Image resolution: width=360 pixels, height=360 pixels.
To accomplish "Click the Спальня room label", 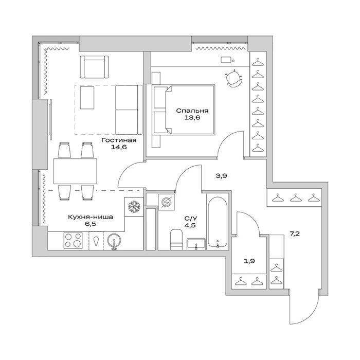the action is click(x=192, y=111).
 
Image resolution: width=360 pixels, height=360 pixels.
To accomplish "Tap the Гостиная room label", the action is click(x=119, y=140).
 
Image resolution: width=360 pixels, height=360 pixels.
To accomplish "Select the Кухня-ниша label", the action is click(x=91, y=217).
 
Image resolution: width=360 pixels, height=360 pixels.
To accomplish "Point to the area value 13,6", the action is click(x=192, y=118).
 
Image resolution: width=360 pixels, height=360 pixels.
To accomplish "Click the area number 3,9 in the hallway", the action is click(x=221, y=176).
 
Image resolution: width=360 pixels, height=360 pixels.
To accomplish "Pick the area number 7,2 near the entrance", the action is click(x=295, y=234).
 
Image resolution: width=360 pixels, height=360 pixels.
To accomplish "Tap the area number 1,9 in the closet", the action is click(x=249, y=261).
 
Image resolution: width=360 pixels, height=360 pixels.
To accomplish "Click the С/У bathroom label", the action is click(x=190, y=218).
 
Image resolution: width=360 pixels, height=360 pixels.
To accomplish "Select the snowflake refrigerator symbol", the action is click(x=134, y=206).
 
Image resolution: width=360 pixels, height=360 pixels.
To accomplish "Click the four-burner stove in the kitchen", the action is click(x=73, y=240).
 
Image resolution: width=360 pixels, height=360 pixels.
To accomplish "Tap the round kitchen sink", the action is click(x=114, y=241).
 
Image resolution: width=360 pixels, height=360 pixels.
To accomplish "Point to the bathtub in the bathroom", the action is click(x=218, y=221).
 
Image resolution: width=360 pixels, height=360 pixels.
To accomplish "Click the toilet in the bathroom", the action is click(x=176, y=240).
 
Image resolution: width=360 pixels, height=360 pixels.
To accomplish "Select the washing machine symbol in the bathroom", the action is click(x=166, y=202).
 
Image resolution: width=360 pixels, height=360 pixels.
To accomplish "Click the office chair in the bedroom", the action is click(x=234, y=78).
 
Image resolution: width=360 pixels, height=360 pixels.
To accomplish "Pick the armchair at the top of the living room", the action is click(x=94, y=67).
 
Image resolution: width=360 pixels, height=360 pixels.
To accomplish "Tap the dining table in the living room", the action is click(x=75, y=171).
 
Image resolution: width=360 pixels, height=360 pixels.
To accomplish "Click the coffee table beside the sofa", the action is click(x=87, y=98).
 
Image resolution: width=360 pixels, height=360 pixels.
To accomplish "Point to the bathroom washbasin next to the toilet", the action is click(x=196, y=244).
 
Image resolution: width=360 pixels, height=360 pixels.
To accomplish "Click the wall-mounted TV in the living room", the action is click(x=50, y=119).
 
